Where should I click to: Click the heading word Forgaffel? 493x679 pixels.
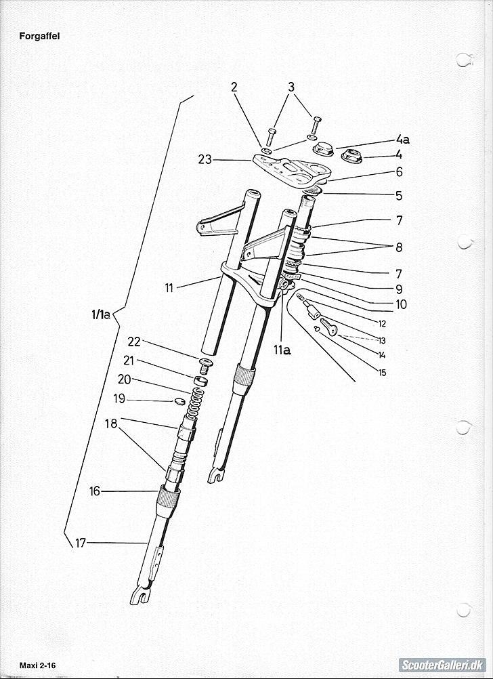click(39, 37)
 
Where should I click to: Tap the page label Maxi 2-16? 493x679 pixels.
click(38, 665)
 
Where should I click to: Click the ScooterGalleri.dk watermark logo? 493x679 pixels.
click(442, 665)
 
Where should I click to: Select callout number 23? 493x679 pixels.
click(205, 160)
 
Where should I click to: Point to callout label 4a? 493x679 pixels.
click(402, 140)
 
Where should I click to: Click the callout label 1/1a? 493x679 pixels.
click(100, 315)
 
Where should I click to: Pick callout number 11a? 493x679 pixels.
click(282, 350)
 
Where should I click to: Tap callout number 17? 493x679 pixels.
click(81, 543)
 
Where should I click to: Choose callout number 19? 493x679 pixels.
click(119, 398)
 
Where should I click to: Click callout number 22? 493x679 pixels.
click(134, 342)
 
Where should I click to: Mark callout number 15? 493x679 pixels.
click(382, 373)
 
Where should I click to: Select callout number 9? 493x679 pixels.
click(399, 289)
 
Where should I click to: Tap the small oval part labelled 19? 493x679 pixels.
click(180, 402)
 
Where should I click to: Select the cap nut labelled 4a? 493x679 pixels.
click(323, 148)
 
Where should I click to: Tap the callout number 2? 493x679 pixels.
click(234, 87)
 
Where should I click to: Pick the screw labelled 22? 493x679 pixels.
click(205, 365)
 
